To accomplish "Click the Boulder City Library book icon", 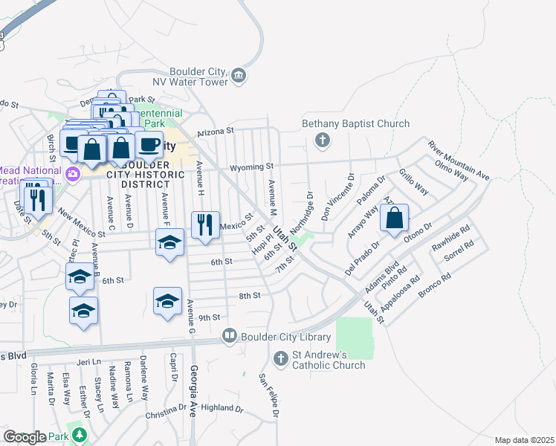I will pos(230,337).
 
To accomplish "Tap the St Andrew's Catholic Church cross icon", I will pos(281,359).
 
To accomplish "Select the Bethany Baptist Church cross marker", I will pos(323,140).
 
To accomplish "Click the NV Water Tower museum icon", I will pos(239,74).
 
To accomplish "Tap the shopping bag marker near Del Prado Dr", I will pos(395,219).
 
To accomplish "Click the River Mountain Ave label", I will pos(459,161).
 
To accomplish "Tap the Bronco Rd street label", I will pos(435,288).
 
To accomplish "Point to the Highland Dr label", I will pos(222,408).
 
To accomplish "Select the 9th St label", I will pos(210,317).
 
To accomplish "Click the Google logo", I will pos(25,436).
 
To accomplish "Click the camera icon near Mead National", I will pos(74,174).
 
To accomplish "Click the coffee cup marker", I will pos(149,143).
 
